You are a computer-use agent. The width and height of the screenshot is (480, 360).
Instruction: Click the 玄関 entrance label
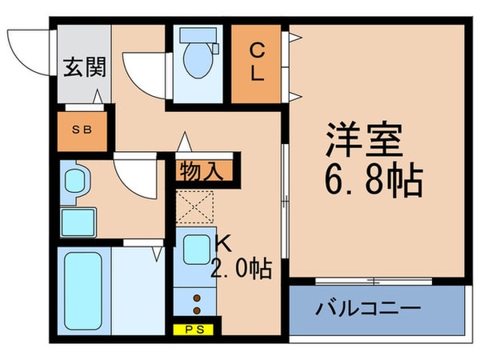pos(83,68)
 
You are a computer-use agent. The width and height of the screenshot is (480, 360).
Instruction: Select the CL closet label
pos(258,62)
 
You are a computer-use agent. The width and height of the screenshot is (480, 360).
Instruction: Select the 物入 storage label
pos(204,170)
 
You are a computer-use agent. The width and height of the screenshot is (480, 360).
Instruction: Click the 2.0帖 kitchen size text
pos(241,267)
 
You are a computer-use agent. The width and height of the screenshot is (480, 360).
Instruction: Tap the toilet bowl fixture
pos(197,56)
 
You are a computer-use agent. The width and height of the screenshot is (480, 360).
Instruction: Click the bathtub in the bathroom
pos(82,290)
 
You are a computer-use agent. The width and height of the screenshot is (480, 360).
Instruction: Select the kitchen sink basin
pos(195,251)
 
